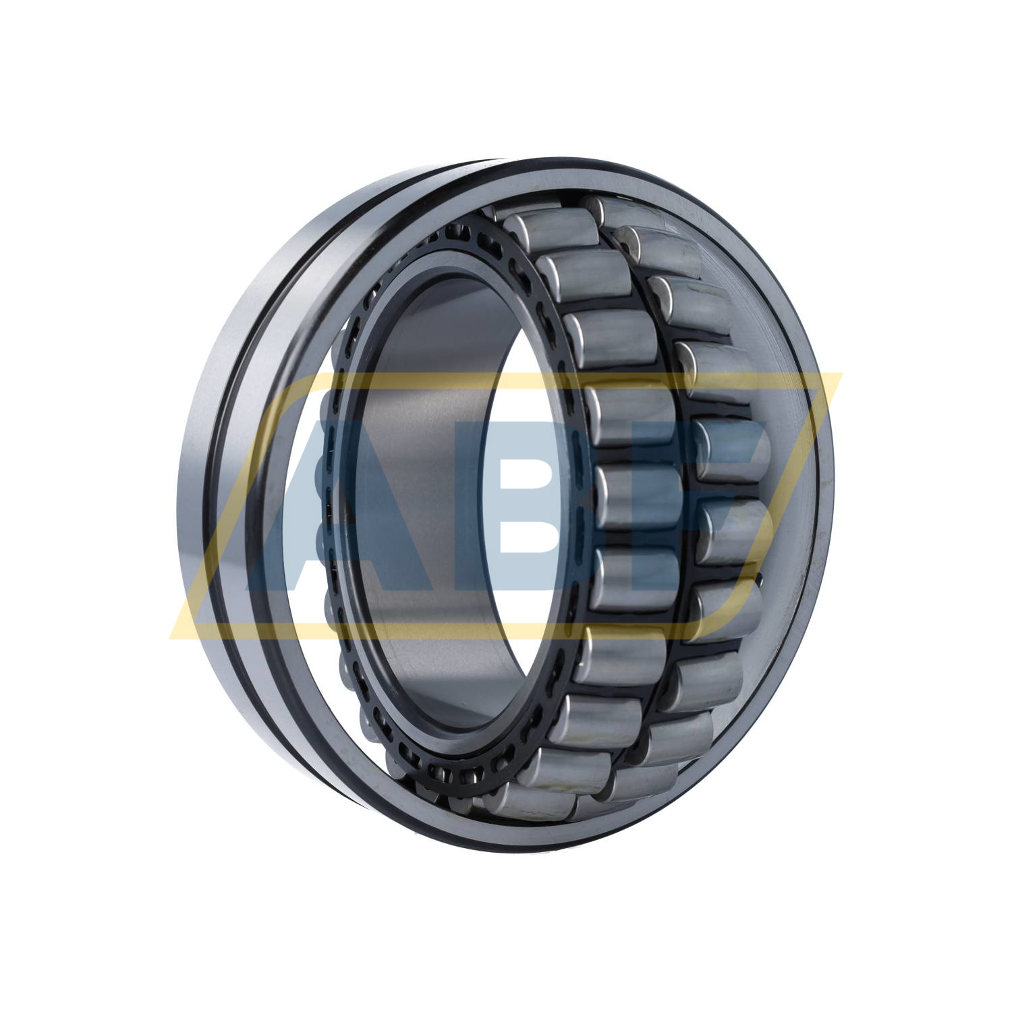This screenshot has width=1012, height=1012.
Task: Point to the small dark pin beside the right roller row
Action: (x=760, y=578)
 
